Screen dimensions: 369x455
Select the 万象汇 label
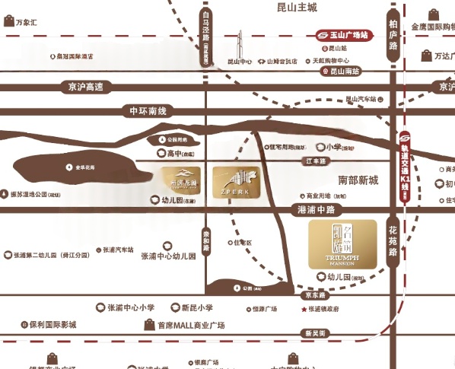click(x=26, y=23)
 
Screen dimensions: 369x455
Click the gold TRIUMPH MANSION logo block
click(x=342, y=244)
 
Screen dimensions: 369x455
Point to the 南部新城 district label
click(x=358, y=180)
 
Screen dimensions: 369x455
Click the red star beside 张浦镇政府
click(x=304, y=310)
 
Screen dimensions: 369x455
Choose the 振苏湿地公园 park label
click(x=34, y=194)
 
